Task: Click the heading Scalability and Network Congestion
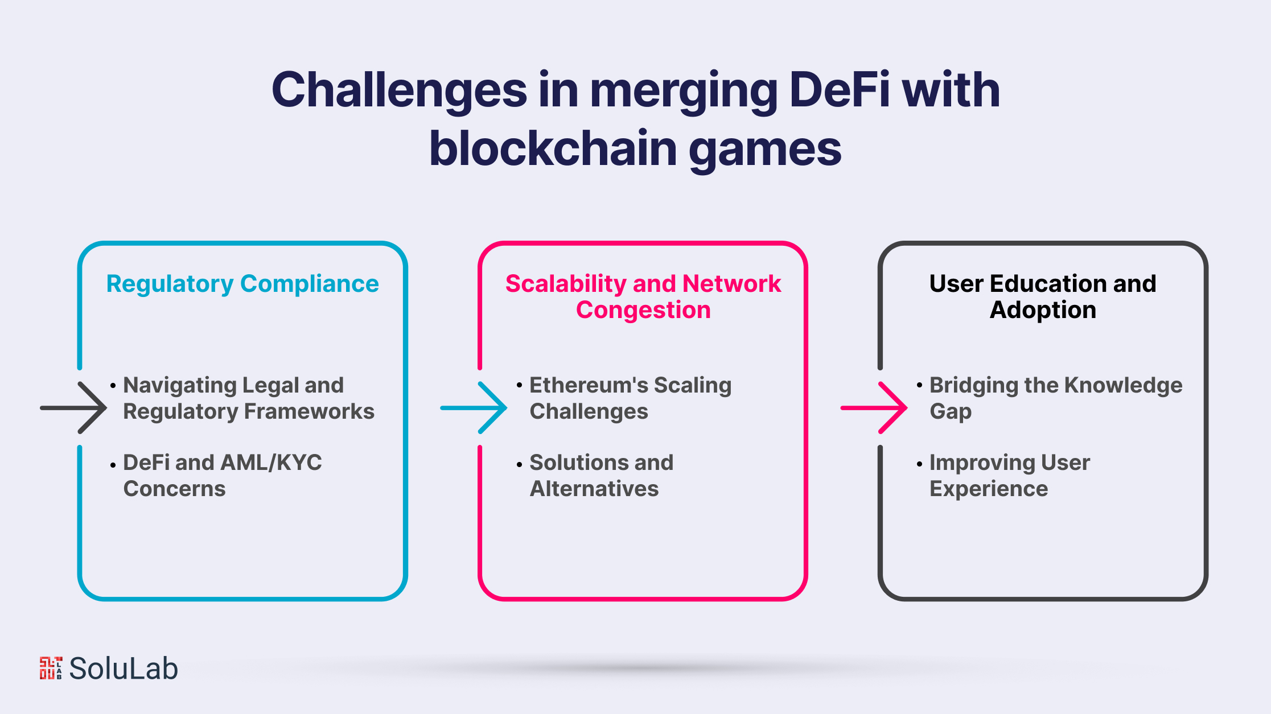point(643,297)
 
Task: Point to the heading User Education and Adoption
point(1043,297)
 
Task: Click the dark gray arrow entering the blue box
point(73,408)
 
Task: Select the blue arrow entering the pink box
point(474,408)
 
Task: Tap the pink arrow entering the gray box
point(874,408)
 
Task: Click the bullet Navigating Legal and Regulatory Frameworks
point(242,398)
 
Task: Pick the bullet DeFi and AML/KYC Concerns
point(216,476)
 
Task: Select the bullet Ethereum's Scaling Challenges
point(624,398)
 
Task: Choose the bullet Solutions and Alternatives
point(595,476)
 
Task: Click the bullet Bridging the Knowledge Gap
point(1050,398)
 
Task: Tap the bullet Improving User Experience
point(1003,476)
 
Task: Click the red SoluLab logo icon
point(51,668)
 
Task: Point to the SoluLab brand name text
point(124,668)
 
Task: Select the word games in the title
point(765,151)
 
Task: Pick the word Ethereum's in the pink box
point(589,385)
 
